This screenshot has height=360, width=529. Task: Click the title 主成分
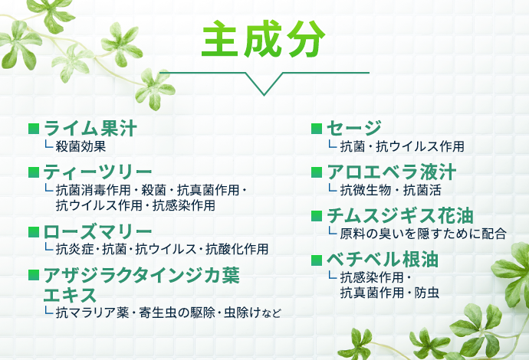click(264, 41)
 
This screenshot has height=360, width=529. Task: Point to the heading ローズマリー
click(97, 231)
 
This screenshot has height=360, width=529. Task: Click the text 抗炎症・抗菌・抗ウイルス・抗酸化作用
click(162, 249)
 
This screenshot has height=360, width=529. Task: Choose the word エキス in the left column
click(70, 295)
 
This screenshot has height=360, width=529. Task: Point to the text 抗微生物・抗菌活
click(389, 189)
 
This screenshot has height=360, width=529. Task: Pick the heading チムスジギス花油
click(399, 215)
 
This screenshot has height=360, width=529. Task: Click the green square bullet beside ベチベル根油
click(315, 260)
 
